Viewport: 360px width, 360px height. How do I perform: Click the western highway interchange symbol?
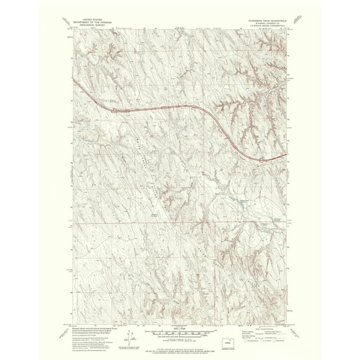(x=114, y=110)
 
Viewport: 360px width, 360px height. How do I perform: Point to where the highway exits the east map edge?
(x=288, y=155)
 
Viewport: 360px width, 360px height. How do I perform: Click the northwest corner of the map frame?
(x=72, y=28)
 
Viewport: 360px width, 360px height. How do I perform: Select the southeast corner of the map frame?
(x=288, y=322)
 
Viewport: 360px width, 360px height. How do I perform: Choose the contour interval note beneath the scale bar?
(x=180, y=335)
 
